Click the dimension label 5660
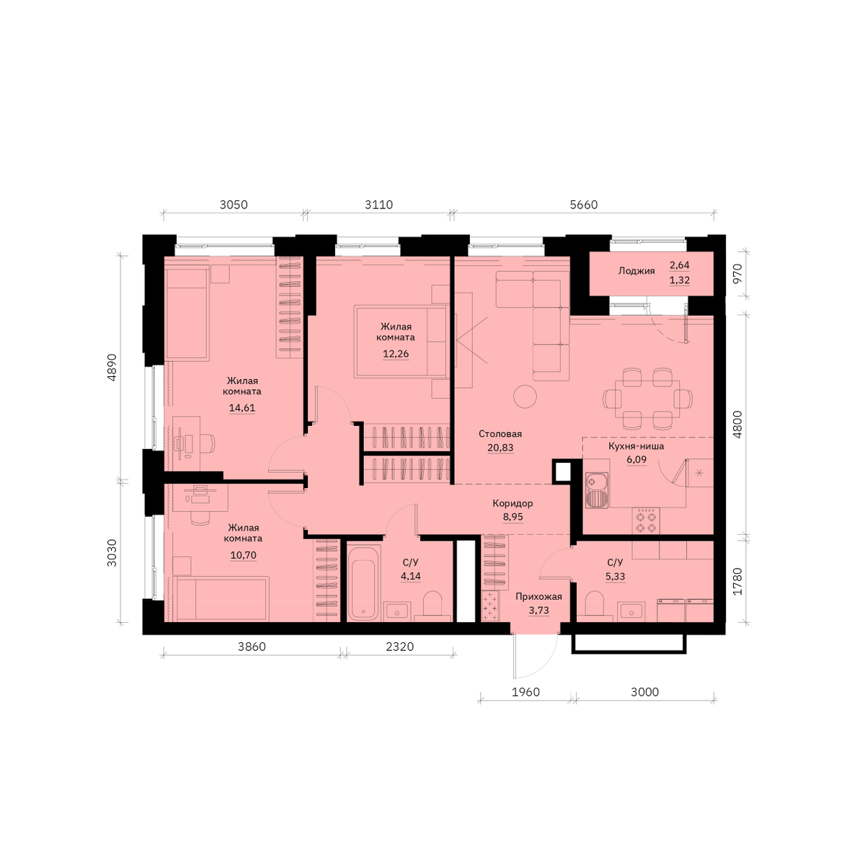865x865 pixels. pyautogui.click(x=584, y=205)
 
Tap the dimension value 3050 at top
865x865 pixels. pyautogui.click(x=234, y=205)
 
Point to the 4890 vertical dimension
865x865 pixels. pyautogui.click(x=112, y=368)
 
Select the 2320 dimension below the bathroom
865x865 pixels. pyautogui.click(x=399, y=647)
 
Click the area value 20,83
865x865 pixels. pyautogui.click(x=500, y=448)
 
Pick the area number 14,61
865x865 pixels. pyautogui.click(x=242, y=408)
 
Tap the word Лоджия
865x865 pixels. pyautogui.click(x=636, y=271)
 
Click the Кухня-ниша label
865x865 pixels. pyautogui.click(x=636, y=446)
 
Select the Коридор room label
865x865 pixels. pyautogui.click(x=513, y=503)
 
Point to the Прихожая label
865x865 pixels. pyautogui.click(x=538, y=597)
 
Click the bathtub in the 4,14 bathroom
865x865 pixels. pyautogui.click(x=363, y=582)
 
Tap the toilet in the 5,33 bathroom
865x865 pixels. pyautogui.click(x=595, y=603)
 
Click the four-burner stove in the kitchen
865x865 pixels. pyautogui.click(x=645, y=520)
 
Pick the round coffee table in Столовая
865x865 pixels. pyautogui.click(x=525, y=396)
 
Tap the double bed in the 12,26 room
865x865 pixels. pyautogui.click(x=401, y=342)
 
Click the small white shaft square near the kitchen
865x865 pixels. pyautogui.click(x=562, y=471)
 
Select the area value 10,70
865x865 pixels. pyautogui.click(x=244, y=555)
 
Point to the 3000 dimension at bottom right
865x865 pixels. pyautogui.click(x=644, y=692)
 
